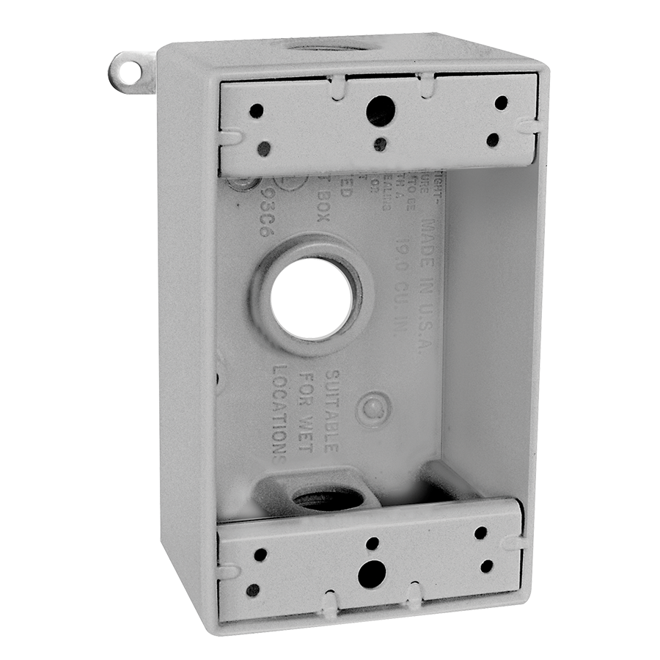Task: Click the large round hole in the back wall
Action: [x=312, y=298]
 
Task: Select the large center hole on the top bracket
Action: [x=381, y=111]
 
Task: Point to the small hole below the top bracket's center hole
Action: [x=380, y=144]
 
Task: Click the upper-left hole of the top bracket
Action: [x=256, y=111]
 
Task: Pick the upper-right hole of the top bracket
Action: [x=501, y=103]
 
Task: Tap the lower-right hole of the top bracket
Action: [x=493, y=139]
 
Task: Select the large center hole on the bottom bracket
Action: [x=372, y=573]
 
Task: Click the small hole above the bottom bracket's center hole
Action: [x=373, y=543]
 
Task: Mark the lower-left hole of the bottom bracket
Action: [x=252, y=590]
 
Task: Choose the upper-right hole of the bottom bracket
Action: [x=480, y=533]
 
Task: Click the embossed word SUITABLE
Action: [x=326, y=411]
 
